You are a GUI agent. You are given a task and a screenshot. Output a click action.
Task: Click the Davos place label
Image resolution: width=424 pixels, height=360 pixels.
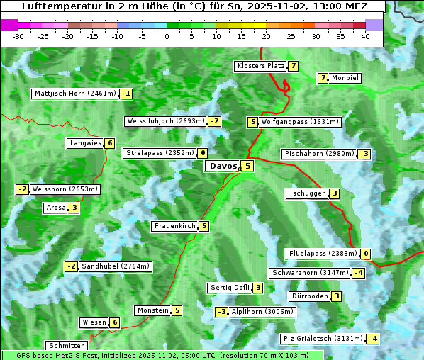(x=222, y=167)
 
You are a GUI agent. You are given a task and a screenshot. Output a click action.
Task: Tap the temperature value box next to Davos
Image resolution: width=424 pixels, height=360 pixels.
(x=247, y=167)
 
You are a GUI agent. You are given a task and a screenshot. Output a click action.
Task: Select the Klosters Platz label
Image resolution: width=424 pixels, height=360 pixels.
(x=260, y=66)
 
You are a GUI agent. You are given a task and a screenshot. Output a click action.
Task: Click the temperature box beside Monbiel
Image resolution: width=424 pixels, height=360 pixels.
(x=323, y=78)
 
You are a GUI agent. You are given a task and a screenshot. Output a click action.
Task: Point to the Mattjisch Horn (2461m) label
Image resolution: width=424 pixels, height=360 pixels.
(x=75, y=94)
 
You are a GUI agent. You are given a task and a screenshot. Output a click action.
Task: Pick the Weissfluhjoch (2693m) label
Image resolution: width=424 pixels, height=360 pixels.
(x=165, y=121)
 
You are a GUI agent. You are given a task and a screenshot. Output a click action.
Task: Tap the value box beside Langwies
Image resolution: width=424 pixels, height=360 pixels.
(x=110, y=143)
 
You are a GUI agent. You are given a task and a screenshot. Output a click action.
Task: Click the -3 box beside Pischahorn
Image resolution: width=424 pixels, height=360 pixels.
(x=364, y=154)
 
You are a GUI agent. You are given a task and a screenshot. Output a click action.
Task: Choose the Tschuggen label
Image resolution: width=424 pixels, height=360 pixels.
(x=307, y=193)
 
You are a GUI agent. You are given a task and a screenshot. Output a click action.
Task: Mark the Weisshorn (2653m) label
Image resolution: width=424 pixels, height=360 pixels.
(x=65, y=189)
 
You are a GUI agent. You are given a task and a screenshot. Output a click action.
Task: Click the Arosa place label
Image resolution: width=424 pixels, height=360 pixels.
(x=55, y=208)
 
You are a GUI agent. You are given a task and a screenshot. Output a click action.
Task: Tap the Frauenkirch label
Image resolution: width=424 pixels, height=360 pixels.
(x=174, y=226)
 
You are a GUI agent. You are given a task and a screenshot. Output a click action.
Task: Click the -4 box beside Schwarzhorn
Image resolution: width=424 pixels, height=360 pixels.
(x=359, y=273)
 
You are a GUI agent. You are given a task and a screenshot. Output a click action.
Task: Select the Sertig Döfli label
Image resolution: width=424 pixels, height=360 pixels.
(x=230, y=288)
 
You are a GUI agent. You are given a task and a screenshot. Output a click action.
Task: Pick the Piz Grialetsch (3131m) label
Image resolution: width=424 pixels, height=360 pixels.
(x=323, y=339)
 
